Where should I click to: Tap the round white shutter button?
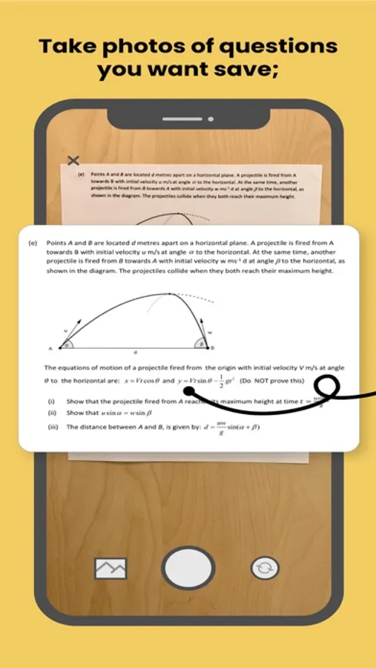pyautogui.click(x=188, y=568)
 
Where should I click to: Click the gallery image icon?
pyautogui.click(x=111, y=569)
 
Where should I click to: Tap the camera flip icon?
pyautogui.click(x=265, y=569)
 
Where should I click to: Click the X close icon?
pyautogui.click(x=73, y=160)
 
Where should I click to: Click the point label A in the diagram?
pyautogui.click(x=50, y=348)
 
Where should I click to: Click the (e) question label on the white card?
pyautogui.click(x=33, y=243)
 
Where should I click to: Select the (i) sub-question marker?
pyautogui.click(x=51, y=401)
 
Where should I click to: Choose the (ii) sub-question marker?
pyautogui.click(x=52, y=413)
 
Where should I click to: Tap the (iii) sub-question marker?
pyautogui.click(x=53, y=428)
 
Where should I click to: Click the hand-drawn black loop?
pyautogui.click(x=326, y=387)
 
